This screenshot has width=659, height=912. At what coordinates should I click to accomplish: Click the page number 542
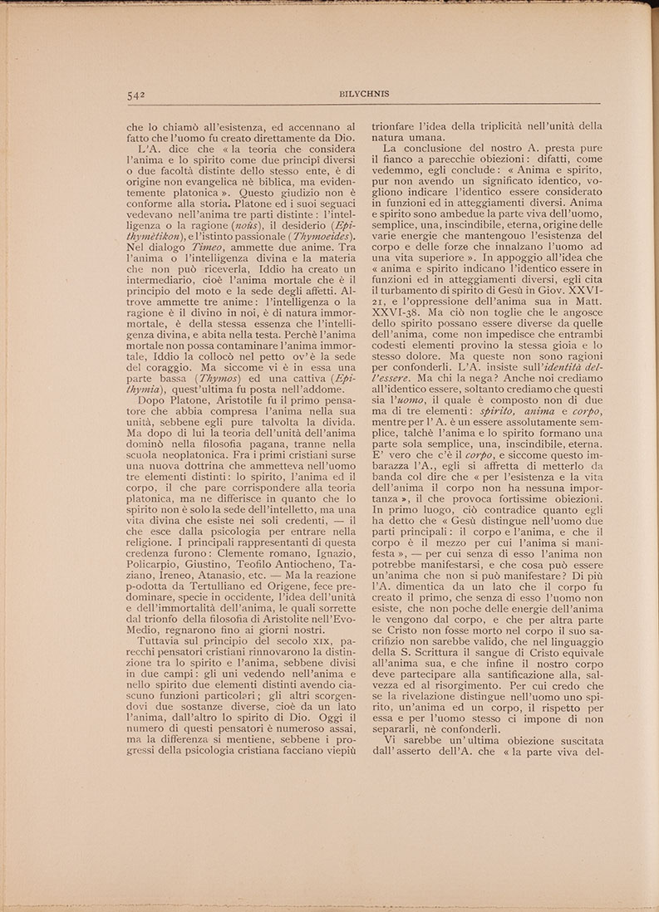click(x=137, y=95)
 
